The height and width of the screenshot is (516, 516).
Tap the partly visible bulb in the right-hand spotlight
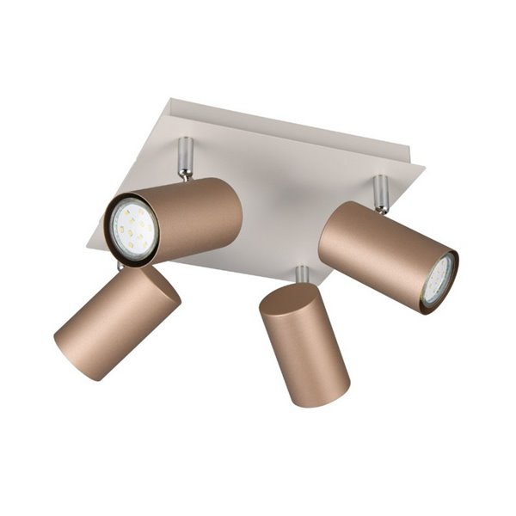tap(439, 279)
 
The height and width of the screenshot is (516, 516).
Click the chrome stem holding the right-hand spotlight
tap(380, 193)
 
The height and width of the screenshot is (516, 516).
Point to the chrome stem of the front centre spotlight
tap(302, 275)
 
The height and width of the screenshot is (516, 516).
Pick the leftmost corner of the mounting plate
tap(89, 244)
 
